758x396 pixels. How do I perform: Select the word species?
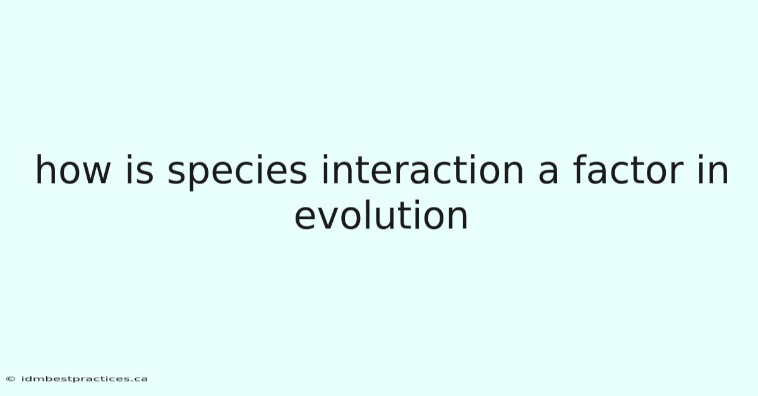[238, 172]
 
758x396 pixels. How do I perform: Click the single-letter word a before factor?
[548, 172]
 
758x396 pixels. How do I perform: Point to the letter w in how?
[97, 172]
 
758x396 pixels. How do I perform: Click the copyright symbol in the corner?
[11, 379]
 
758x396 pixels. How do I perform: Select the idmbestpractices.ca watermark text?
[84, 379]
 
